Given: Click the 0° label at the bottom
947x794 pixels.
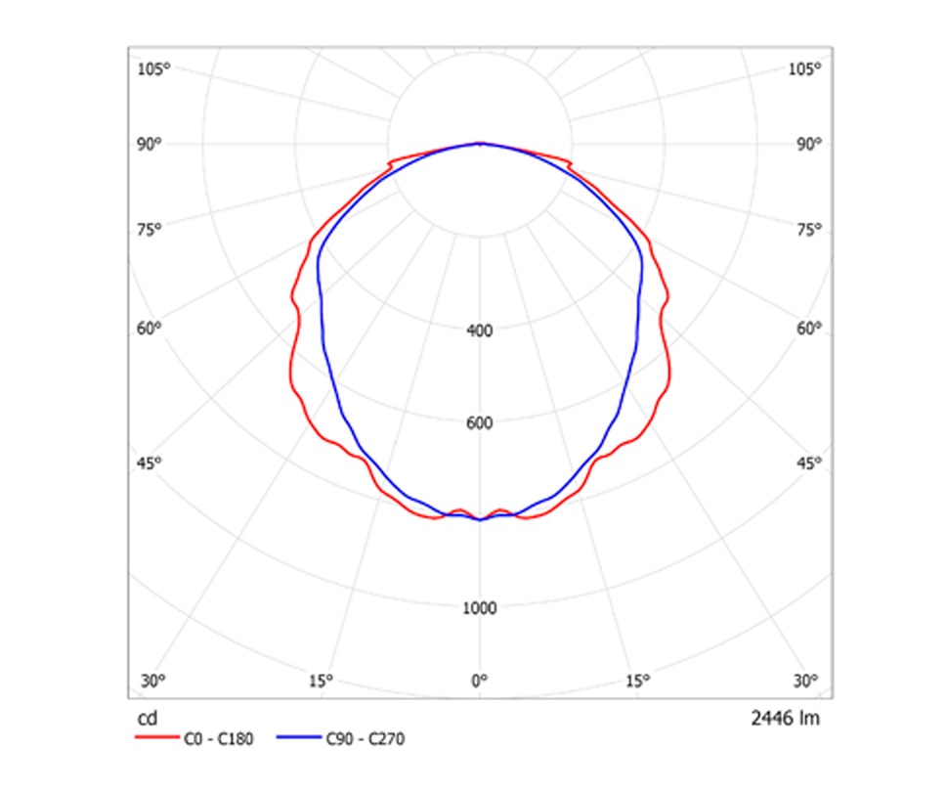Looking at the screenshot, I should point(479,680).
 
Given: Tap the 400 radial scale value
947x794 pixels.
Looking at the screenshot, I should point(480,331).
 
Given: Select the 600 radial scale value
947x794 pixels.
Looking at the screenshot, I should point(480,423).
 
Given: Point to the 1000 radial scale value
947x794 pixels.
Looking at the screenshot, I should point(479,608).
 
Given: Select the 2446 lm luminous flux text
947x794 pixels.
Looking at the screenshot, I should point(786,720).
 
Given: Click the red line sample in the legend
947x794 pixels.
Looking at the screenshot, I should point(154,739).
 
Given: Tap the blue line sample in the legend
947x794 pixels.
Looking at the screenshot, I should point(297,739).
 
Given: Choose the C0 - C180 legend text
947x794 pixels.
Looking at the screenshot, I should point(218,739).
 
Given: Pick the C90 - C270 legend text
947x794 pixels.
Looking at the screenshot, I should point(365,739).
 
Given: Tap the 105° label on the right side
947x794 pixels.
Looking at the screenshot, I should point(804,68).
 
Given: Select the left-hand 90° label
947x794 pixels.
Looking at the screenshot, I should point(150,144).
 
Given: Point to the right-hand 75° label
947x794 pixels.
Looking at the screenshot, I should point(808,230).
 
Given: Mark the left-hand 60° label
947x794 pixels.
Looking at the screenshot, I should point(150,329).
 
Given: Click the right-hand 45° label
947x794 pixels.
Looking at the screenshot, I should point(808,463).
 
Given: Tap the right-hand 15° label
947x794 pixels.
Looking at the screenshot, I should point(637,681).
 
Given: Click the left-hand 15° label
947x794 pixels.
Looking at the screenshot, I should point(321,681).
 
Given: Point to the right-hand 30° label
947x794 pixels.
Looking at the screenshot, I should point(805,681).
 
